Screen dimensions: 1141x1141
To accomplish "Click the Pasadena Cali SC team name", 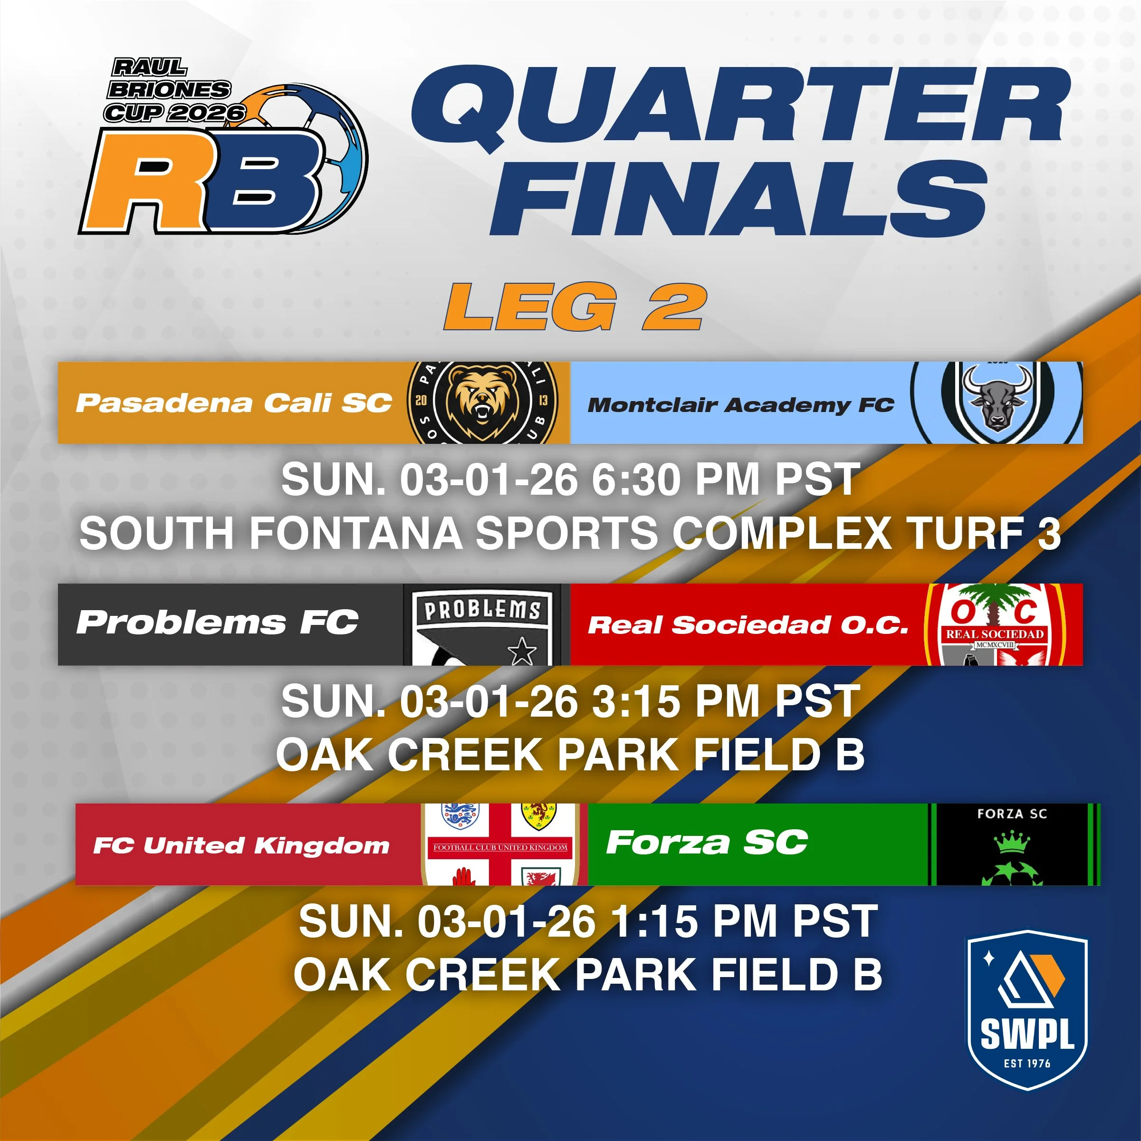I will click(234, 403).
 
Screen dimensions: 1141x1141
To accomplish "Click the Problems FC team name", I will click(217, 623).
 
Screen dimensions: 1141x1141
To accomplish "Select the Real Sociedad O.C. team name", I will click(748, 625).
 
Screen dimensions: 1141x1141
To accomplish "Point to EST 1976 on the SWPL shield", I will click(1027, 1063).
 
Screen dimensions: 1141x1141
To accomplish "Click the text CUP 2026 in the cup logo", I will click(174, 112).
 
